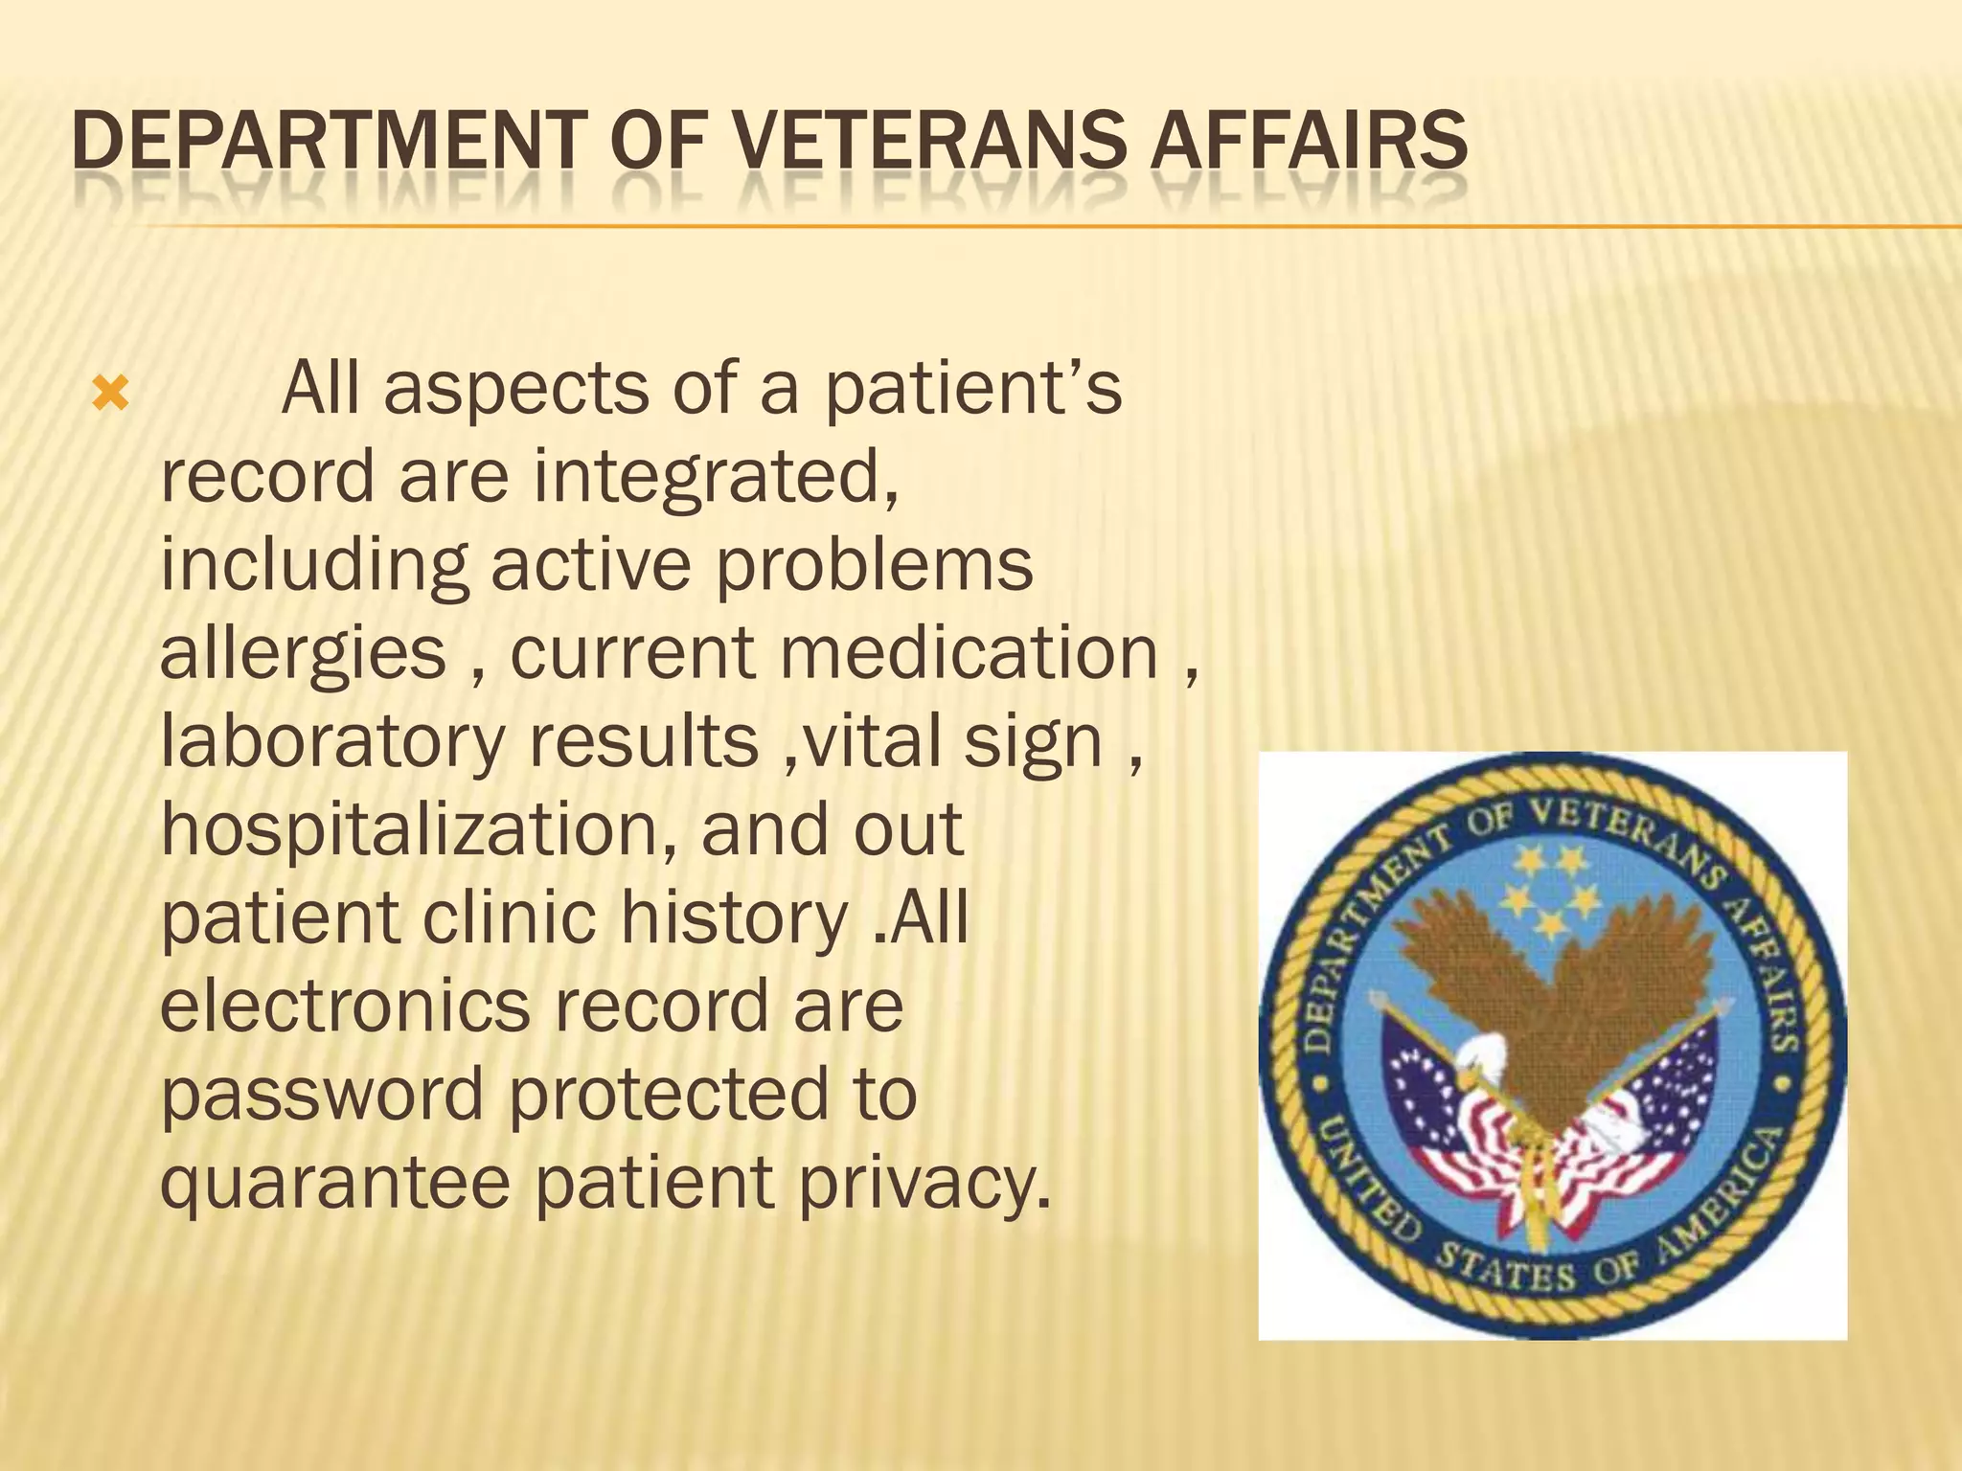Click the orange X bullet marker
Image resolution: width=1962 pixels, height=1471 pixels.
[x=109, y=394]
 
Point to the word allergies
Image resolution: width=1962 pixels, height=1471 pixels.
[x=303, y=654]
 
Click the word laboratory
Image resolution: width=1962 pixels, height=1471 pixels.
[x=331, y=742]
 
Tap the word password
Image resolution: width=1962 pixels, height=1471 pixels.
[x=322, y=1095]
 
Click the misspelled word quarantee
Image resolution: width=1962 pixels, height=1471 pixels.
[x=334, y=1183]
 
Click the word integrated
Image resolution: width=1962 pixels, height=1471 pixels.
[x=716, y=477]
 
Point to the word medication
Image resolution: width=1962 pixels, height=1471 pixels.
[x=969, y=654]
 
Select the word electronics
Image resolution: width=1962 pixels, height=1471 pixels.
[x=344, y=1006]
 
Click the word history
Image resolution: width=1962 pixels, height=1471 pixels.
[x=734, y=917]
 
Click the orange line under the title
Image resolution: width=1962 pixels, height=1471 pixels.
[x=958, y=227]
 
